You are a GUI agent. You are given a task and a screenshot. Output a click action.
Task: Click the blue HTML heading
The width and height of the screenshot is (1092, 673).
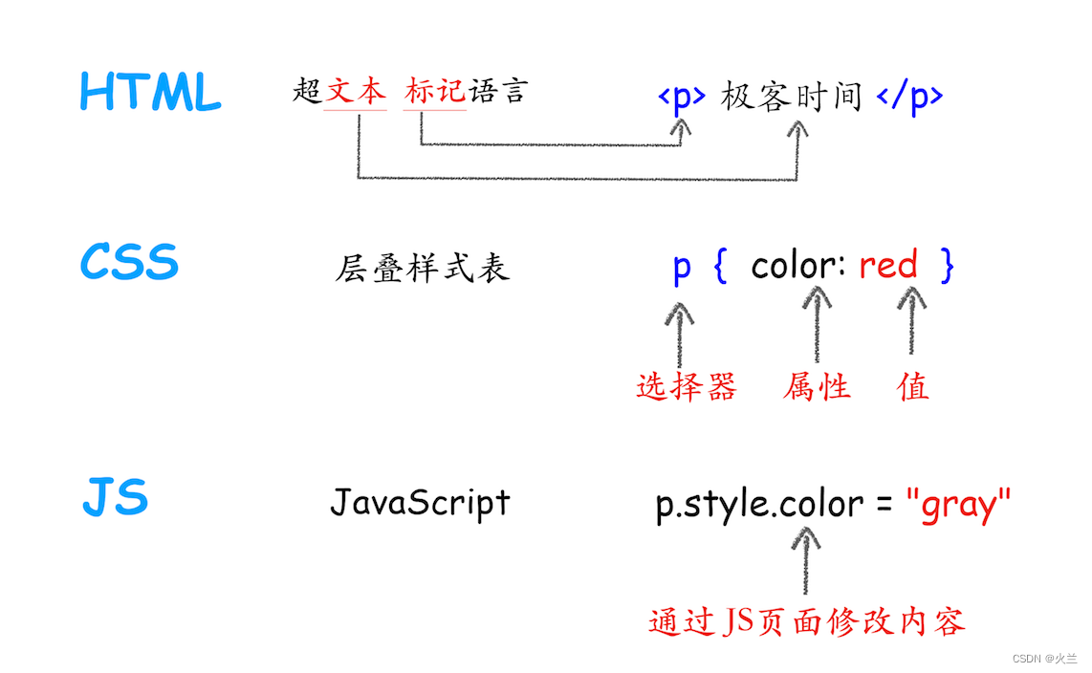click(x=150, y=94)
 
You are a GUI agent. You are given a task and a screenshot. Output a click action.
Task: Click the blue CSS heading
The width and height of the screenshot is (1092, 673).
click(x=129, y=262)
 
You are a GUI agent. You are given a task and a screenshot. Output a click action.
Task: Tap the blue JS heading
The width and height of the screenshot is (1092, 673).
click(x=115, y=498)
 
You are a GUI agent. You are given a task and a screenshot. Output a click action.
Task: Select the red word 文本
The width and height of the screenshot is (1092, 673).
click(x=355, y=92)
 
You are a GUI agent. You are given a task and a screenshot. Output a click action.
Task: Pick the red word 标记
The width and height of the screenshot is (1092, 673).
click(x=434, y=92)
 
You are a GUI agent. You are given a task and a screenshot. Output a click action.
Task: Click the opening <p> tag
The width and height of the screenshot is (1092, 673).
click(x=682, y=97)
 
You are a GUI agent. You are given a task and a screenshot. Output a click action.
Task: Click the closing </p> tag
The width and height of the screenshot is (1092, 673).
click(x=909, y=97)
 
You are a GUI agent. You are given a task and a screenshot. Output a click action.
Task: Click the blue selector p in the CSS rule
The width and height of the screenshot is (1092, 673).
click(x=681, y=267)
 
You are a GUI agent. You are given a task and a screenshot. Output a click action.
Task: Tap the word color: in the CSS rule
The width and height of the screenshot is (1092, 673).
click(x=797, y=265)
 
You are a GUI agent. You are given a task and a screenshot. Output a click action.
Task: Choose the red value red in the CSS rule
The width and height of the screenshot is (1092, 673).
click(x=887, y=265)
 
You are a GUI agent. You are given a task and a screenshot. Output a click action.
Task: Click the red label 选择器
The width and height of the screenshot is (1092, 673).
click(x=687, y=386)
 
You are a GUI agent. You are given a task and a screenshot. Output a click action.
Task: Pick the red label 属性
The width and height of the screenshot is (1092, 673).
click(x=816, y=386)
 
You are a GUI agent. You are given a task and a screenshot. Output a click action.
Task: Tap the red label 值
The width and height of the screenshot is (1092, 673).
click(x=913, y=386)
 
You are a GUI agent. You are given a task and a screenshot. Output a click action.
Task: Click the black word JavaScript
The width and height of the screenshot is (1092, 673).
click(x=420, y=502)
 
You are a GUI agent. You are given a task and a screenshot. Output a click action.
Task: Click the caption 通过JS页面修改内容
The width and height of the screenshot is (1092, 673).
click(x=806, y=621)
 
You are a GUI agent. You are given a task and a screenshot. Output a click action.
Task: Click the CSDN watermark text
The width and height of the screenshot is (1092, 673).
click(x=1044, y=659)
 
